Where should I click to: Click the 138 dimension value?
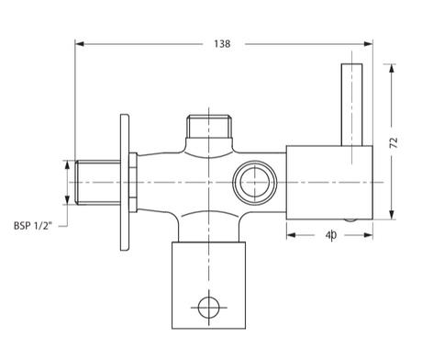(x=222, y=43)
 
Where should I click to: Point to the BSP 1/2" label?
(x=36, y=224)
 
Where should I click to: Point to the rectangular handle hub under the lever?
(x=329, y=180)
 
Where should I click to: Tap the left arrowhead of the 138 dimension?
(x=79, y=43)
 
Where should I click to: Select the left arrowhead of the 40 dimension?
(x=291, y=236)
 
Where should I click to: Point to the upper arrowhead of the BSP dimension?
(x=65, y=164)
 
